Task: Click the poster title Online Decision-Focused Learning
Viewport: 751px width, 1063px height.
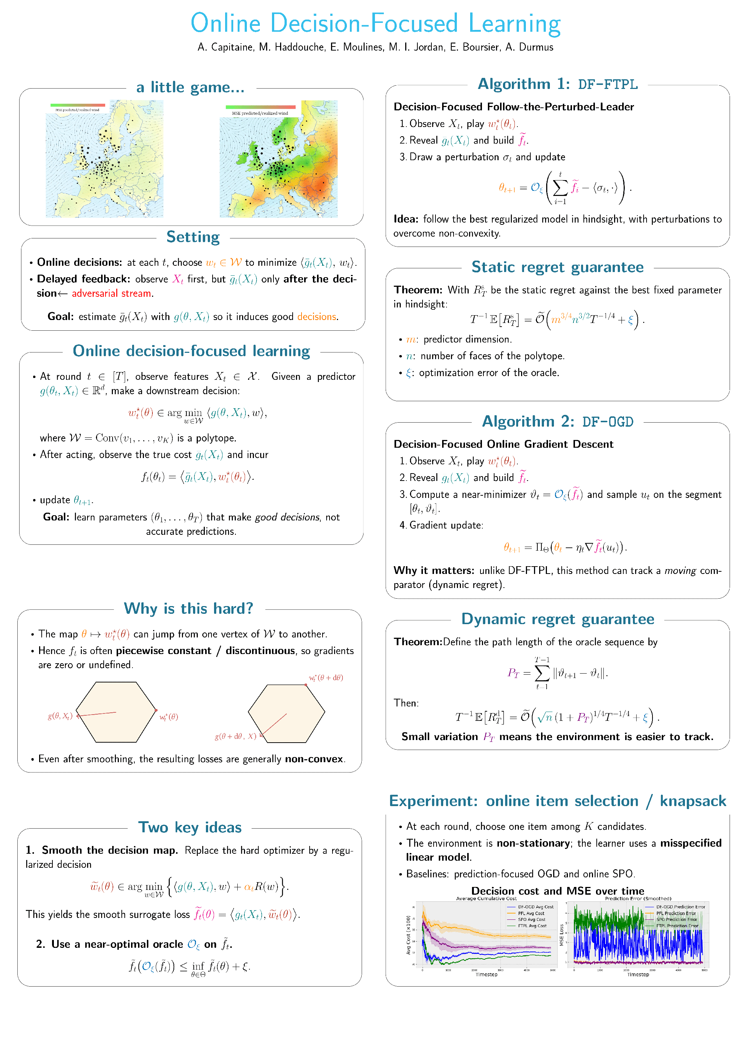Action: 376,23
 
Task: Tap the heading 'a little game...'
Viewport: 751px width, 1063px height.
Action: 190,87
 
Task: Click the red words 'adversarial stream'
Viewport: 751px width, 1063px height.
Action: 111,293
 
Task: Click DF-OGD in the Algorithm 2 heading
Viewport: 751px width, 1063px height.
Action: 607,422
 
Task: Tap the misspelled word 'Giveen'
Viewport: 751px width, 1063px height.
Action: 286,377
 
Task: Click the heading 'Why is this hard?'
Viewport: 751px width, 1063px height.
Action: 189,608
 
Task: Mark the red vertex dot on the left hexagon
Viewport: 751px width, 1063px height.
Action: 156,710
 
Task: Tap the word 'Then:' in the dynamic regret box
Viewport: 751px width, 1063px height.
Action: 406,703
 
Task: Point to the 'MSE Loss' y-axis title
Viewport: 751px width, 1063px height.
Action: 562,935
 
